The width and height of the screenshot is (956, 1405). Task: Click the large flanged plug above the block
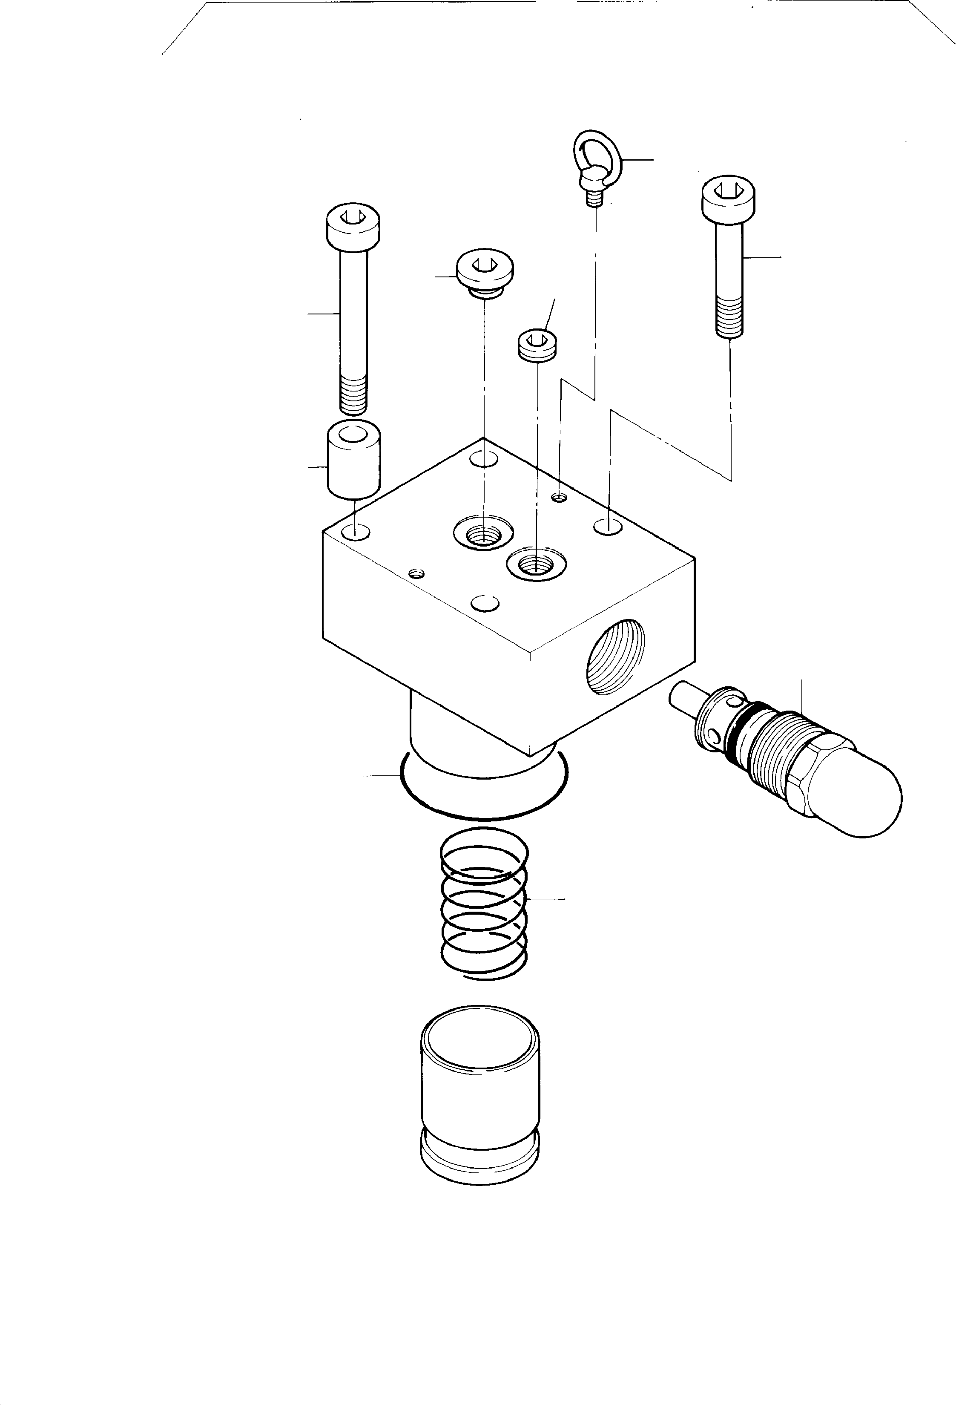485,269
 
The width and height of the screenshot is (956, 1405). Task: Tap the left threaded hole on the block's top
483,533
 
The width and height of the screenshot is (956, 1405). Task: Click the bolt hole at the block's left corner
355,533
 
